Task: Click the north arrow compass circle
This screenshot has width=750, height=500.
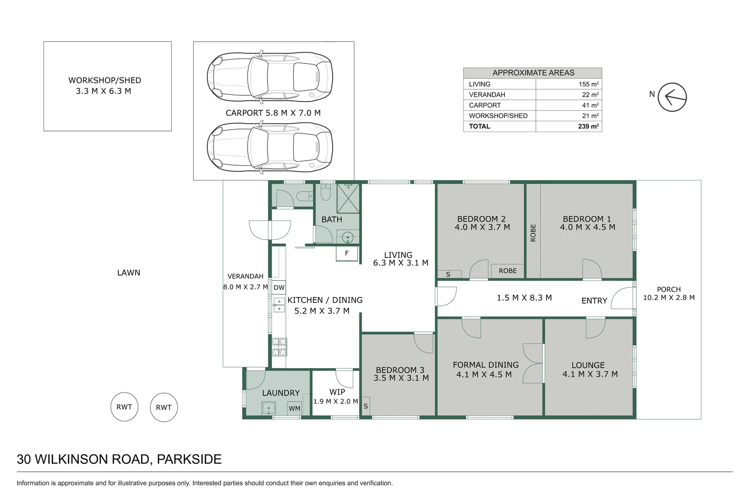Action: pos(672,97)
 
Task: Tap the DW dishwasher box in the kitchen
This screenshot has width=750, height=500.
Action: pos(279,287)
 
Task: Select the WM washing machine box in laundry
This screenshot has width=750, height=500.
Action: pos(294,408)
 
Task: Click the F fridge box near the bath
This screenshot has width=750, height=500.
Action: pos(347,254)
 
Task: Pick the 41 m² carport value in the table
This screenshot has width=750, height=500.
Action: pos(590,105)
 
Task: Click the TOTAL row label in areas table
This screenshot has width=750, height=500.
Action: pos(479,126)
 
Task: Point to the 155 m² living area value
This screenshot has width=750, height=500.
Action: pos(588,84)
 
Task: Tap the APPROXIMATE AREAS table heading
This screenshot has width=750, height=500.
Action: pos(533,73)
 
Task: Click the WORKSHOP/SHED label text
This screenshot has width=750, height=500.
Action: pos(105,80)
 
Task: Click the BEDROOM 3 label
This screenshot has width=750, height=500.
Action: pos(400,370)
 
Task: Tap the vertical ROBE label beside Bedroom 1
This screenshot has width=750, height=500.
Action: pos(533,233)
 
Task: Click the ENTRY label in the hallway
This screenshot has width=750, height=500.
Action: pos(594,301)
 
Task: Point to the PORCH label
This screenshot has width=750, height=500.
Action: pos(669,289)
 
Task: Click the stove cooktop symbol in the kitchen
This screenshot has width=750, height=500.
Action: pos(279,347)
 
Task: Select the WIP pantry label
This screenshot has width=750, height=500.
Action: pos(337,392)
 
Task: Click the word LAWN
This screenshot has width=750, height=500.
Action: pos(129,273)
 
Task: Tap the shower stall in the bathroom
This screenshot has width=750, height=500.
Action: pos(348,198)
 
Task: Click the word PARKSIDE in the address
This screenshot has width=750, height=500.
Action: pos(189,459)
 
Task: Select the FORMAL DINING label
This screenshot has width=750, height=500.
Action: pos(485,365)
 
